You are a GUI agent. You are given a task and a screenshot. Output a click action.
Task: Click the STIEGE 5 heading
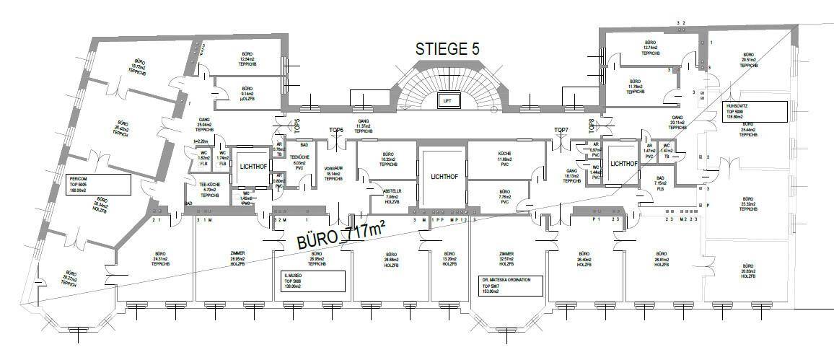447,49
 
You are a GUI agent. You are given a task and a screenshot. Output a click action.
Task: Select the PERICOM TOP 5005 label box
97,185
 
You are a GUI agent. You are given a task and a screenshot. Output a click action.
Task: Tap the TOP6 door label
336,130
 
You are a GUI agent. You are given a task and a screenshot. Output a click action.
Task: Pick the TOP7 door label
562,130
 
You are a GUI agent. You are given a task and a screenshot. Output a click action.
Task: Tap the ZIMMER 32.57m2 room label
506,259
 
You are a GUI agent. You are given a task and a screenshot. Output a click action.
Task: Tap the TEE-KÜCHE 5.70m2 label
209,189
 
